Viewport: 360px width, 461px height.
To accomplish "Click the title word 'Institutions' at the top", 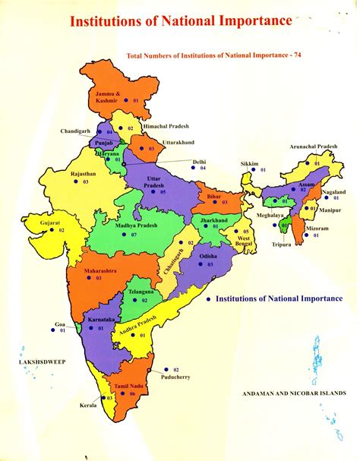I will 106,21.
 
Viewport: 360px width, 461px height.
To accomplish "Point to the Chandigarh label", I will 76,131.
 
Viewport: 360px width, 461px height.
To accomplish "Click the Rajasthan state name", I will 83,174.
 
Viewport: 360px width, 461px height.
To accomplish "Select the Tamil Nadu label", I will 119,385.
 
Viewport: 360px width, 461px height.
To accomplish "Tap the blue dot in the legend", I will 207,299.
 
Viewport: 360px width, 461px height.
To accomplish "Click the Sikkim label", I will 249,163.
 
